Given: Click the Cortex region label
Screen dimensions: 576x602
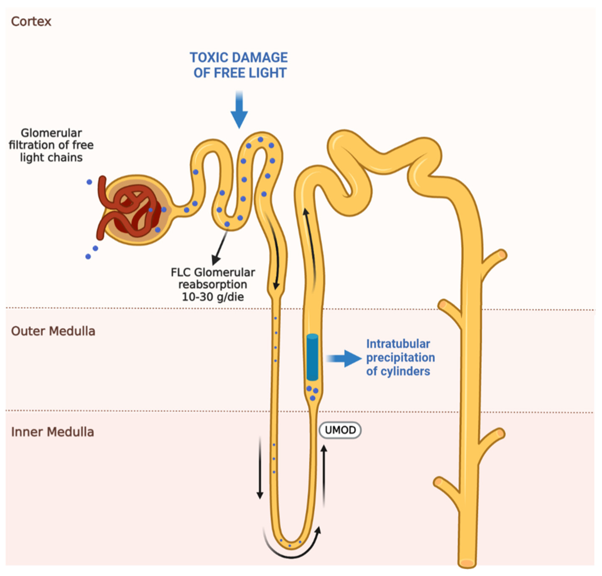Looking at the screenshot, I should (31, 21).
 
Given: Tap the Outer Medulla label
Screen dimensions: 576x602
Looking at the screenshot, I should (53, 331).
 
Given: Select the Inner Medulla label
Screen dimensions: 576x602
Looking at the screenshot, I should (52, 432).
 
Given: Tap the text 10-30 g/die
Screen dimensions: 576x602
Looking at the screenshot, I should (213, 297).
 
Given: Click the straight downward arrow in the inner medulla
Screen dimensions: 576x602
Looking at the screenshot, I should (260, 467).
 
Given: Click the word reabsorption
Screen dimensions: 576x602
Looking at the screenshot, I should (213, 285).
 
